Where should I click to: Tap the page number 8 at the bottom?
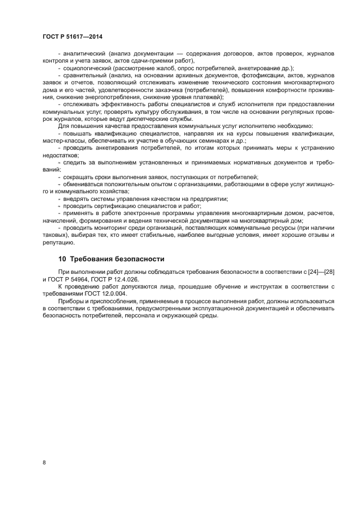pos(44,463)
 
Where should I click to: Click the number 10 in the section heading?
pos(62,259)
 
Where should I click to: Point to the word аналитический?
pos(85,54)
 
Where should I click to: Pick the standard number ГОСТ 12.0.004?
pos(105,293)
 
